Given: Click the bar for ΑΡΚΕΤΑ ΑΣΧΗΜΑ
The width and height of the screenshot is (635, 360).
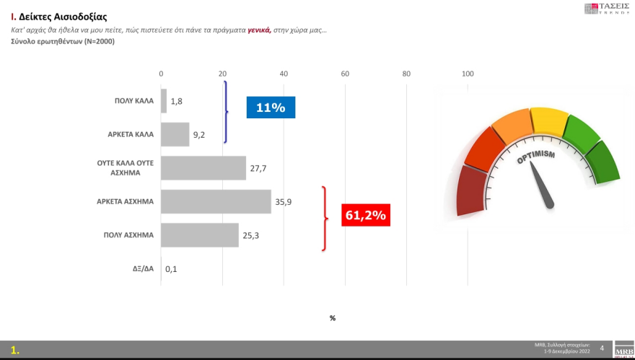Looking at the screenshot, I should pos(215,201).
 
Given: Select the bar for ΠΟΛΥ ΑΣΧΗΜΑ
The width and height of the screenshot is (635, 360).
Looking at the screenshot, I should pos(199,234).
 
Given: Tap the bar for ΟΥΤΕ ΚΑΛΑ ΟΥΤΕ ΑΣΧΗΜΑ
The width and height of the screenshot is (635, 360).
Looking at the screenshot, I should pos(203,167).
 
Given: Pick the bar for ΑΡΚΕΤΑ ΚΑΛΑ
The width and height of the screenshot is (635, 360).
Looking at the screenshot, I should pos(175,134).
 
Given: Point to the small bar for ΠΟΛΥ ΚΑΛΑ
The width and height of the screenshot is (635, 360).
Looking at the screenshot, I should pos(164,101).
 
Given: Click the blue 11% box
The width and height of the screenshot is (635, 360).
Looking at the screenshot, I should pos(271,107).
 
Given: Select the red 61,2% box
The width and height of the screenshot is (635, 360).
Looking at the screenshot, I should pos(365,214).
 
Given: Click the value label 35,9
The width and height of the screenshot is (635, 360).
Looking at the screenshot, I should pos(283,202).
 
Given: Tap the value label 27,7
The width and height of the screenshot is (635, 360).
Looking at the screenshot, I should pos(258,168).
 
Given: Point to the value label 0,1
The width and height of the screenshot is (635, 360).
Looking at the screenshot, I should pos(171,269).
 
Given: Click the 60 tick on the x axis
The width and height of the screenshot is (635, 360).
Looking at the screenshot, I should pos(345,74).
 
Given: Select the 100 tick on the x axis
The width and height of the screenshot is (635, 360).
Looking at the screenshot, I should pos(468,74).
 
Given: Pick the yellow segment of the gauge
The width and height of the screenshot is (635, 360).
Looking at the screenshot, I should pos(550,120).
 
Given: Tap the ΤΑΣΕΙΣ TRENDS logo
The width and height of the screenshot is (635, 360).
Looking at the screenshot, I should pos(607,9).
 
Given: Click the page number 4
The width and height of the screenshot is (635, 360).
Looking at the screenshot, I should pos(602,348).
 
